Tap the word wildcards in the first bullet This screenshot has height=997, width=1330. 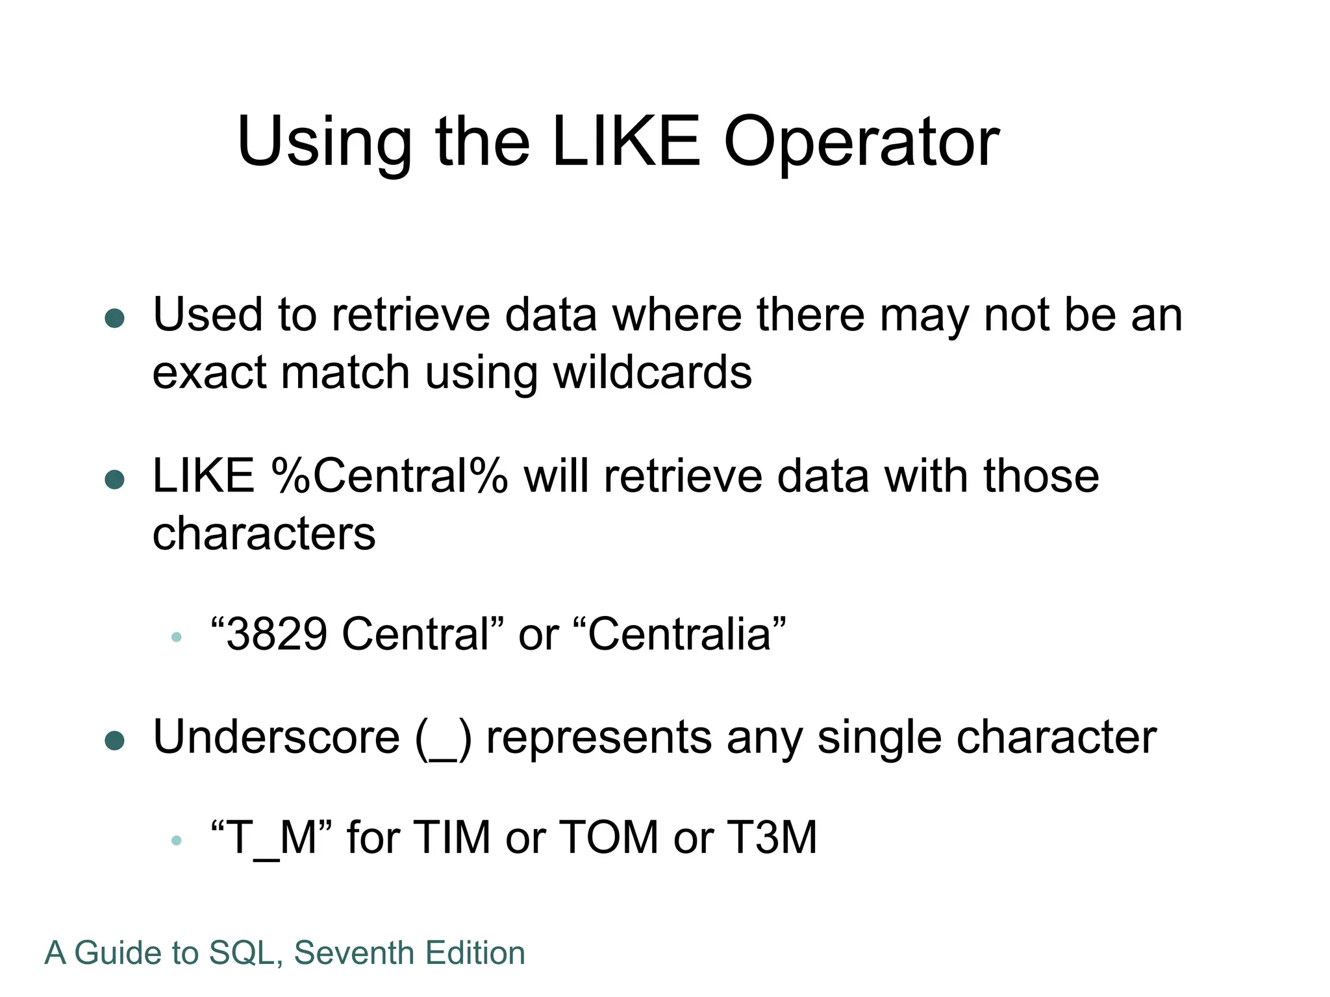pyautogui.click(x=653, y=373)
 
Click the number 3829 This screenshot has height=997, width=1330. pyautogui.click(x=277, y=634)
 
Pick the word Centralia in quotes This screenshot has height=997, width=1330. pyautogui.click(x=680, y=634)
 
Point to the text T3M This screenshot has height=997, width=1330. pyautogui.click(x=772, y=837)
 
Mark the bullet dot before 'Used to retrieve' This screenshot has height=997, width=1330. pyautogui.click(x=115, y=318)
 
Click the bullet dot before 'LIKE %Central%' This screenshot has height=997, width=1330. pyautogui.click(x=115, y=480)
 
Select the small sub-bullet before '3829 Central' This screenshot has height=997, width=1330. pyautogui.click(x=176, y=637)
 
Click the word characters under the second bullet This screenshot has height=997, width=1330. pyautogui.click(x=264, y=534)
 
